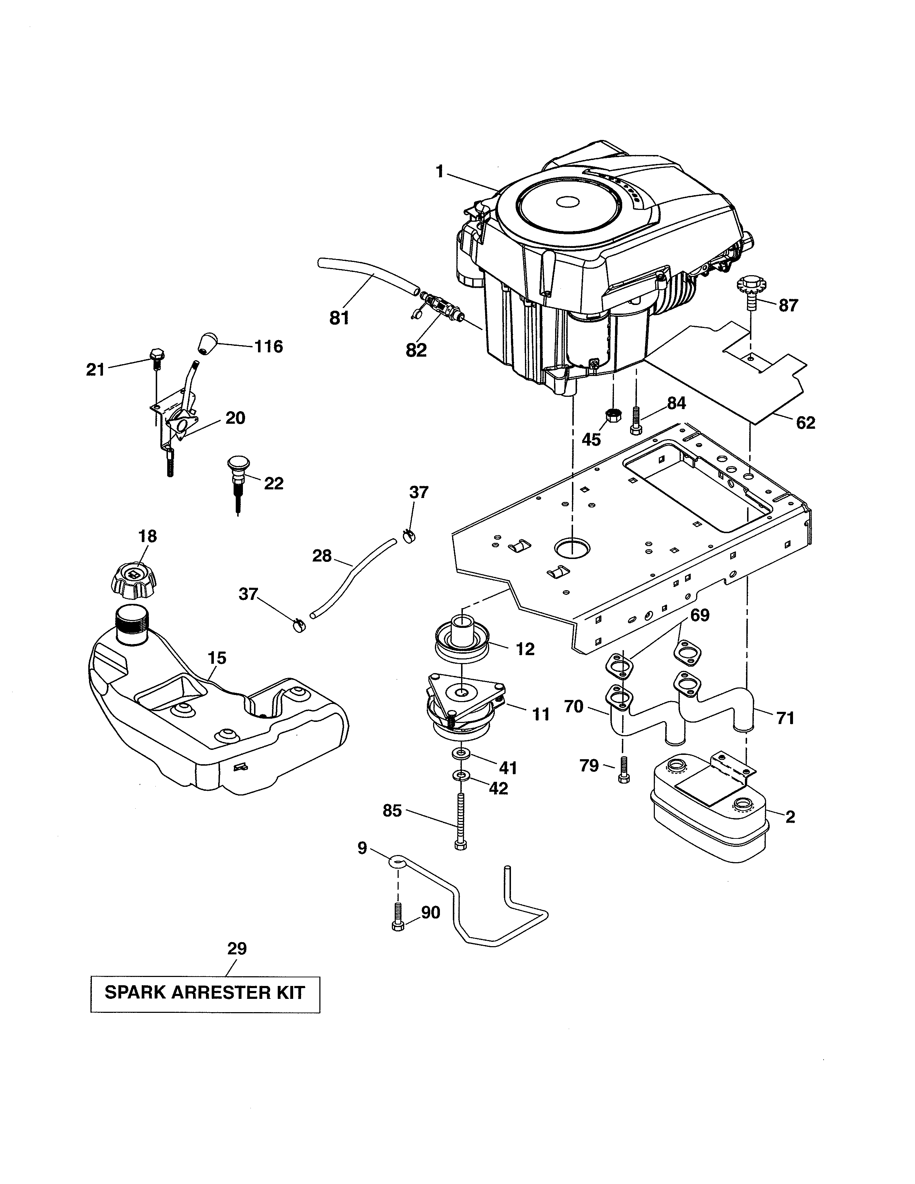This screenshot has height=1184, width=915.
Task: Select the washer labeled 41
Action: (461, 753)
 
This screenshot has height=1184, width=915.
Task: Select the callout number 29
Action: (237, 948)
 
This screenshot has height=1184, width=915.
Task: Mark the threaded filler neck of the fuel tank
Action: (132, 625)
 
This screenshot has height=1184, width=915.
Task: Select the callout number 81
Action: (339, 318)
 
